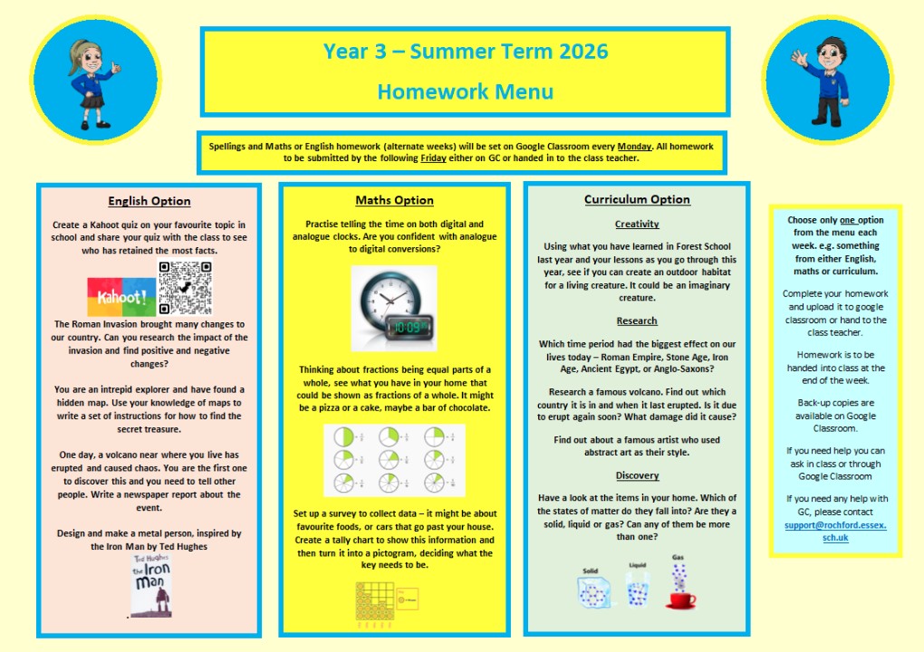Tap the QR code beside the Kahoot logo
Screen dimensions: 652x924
point(185,288)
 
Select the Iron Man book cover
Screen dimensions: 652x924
point(149,585)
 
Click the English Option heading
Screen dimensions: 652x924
point(149,201)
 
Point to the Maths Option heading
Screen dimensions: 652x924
point(394,200)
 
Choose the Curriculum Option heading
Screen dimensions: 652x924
point(637,199)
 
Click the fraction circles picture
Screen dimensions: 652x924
point(394,460)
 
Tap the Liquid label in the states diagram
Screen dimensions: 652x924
point(638,564)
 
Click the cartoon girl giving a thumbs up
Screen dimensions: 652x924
point(82,80)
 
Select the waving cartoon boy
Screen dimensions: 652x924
point(828,81)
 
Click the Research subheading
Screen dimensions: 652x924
point(637,321)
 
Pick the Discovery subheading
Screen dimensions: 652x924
point(637,475)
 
